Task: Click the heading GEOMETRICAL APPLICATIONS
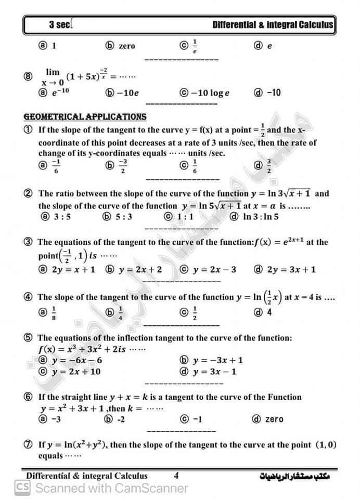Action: click(85, 116)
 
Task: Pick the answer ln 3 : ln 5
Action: click(261, 216)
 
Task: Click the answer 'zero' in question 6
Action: click(274, 419)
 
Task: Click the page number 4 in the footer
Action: click(176, 475)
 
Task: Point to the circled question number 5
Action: click(29, 337)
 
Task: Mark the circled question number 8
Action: click(29, 76)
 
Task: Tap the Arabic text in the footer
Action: click(294, 476)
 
